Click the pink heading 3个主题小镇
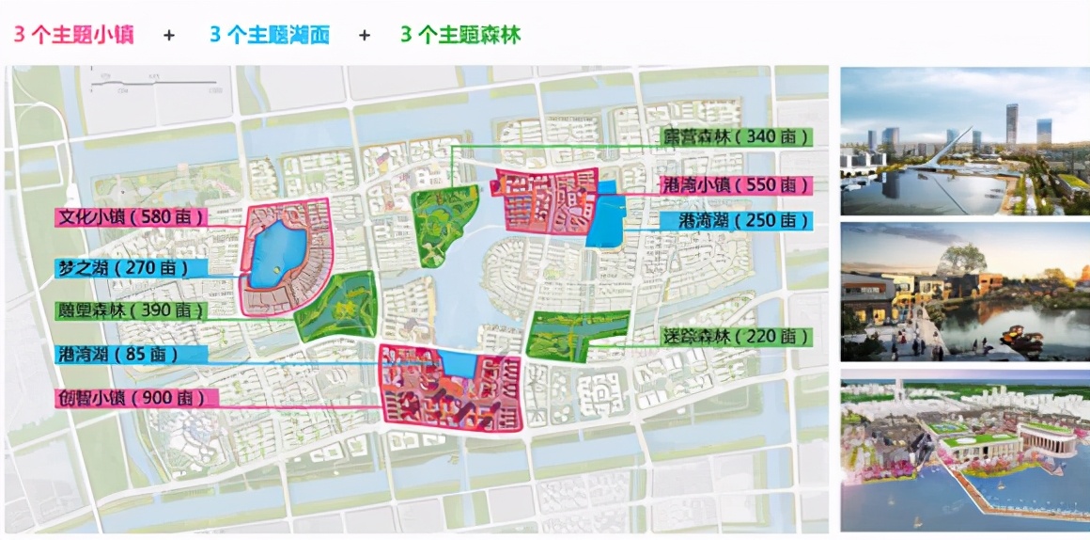click(x=73, y=35)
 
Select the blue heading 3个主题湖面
click(x=270, y=35)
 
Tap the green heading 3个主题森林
click(x=460, y=35)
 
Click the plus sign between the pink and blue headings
click(x=169, y=36)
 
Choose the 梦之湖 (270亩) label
click(x=131, y=268)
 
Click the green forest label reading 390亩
click(x=131, y=310)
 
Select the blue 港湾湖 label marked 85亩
click(x=131, y=355)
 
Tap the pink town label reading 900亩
click(x=136, y=398)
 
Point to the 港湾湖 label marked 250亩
click(x=747, y=221)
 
